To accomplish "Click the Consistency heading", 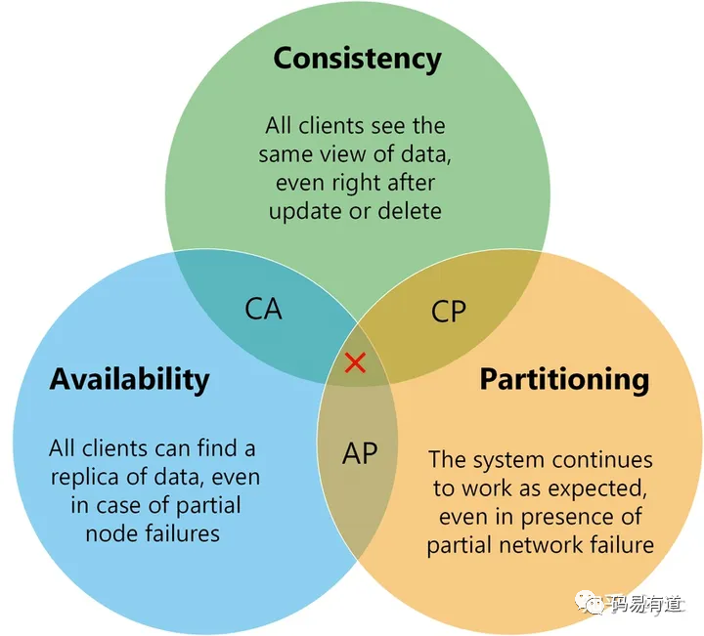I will click(357, 58).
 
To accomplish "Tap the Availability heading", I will click(129, 378).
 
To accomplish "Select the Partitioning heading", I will click(564, 379).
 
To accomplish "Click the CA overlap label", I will click(263, 310).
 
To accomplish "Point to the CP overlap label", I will click(449, 312).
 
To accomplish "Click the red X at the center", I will click(356, 363).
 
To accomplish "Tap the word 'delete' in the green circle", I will click(410, 210).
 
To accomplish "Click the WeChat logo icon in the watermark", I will click(594, 604).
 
